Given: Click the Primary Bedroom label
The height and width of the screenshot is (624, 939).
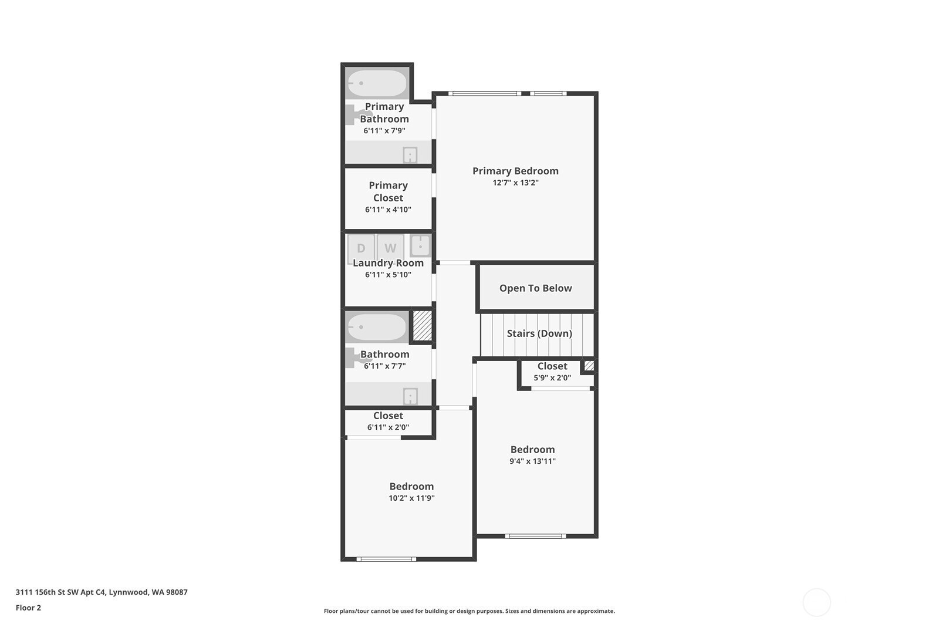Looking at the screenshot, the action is click(x=515, y=171).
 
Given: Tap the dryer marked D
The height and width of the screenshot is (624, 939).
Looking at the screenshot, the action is click(x=361, y=248).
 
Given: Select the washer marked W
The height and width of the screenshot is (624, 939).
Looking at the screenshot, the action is click(x=390, y=248).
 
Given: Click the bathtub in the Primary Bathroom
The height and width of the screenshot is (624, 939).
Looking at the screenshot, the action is click(x=377, y=83).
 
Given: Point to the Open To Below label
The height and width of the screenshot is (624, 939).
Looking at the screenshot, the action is click(x=535, y=288).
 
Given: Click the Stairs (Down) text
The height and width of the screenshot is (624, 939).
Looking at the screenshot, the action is click(x=539, y=333).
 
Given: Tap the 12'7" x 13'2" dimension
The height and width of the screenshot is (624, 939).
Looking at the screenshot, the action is click(x=515, y=183).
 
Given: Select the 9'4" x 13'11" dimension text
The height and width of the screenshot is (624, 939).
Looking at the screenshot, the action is click(x=532, y=461).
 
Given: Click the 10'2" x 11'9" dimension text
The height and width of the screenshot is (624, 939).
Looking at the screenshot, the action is click(x=411, y=498).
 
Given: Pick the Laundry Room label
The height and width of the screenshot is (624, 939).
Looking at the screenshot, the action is click(x=388, y=263).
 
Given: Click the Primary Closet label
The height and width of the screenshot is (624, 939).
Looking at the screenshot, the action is click(x=388, y=191).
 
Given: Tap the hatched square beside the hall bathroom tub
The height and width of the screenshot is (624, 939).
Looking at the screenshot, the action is click(x=422, y=325).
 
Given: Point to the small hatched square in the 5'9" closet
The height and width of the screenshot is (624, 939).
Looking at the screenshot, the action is click(x=589, y=366).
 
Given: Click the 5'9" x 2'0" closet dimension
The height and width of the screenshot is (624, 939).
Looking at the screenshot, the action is click(x=552, y=377).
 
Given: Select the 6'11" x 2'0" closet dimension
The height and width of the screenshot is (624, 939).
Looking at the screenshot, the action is click(x=388, y=427).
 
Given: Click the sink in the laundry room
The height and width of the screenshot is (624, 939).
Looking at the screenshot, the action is click(x=420, y=246).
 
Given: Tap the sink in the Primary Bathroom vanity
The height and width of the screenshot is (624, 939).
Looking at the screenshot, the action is click(x=410, y=155).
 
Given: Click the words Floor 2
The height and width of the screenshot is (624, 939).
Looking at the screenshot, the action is click(x=29, y=608).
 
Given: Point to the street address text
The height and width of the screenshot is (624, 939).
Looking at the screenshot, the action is click(x=102, y=592).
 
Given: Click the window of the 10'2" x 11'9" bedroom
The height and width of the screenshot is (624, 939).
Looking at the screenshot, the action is click(x=386, y=559).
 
